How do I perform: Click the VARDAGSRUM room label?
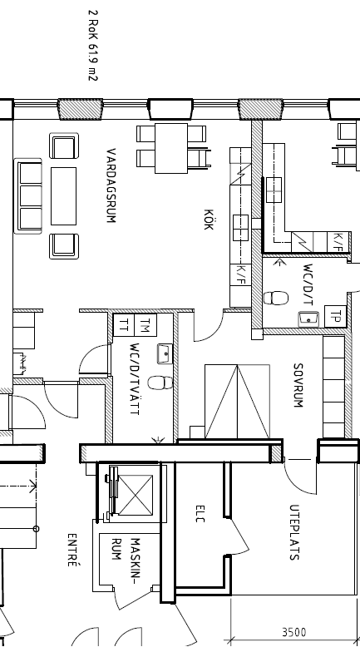tap(111, 185)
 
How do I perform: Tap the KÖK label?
tap(209, 219)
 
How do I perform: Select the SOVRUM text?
tap(298, 385)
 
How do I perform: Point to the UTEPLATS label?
tap(294, 532)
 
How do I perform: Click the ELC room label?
tap(200, 514)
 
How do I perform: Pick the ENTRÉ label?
tap(72, 550)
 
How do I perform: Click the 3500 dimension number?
tap(294, 632)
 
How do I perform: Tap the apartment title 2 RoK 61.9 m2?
tap(93, 46)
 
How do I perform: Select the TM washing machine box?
tap(146, 325)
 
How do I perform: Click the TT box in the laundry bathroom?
tap(124, 325)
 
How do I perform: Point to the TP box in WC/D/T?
tap(336, 317)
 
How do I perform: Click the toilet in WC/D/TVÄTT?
tap(160, 383)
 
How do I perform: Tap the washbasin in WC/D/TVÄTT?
tap(165, 353)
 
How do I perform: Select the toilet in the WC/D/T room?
tap(276, 298)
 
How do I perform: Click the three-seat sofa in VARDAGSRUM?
tap(28, 196)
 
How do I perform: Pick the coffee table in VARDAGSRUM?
tap(63, 196)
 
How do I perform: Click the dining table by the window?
tap(171, 148)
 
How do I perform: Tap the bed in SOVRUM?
tap(237, 401)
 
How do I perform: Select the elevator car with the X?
tap(136, 495)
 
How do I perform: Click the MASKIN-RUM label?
tap(126, 556)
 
